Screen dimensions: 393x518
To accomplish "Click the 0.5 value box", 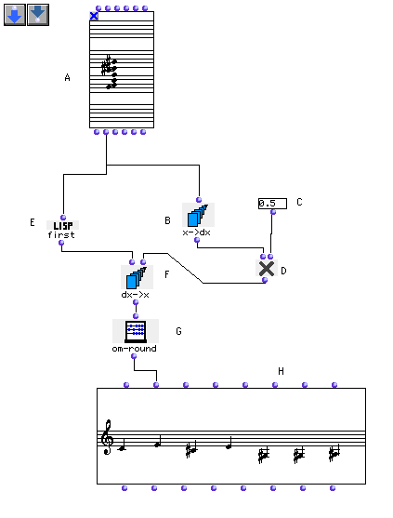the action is (272, 203).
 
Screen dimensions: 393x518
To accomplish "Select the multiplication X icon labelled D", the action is (267, 268).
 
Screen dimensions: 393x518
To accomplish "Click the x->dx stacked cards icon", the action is (198, 215).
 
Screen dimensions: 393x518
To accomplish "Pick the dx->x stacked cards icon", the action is (137, 277).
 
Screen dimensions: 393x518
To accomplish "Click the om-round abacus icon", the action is (136, 331).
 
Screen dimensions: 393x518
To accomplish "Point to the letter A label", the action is (67, 77).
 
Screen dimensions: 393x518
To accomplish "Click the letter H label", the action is (281, 371).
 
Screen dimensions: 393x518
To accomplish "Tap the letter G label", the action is (178, 331).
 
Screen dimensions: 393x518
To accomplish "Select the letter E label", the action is (33, 222).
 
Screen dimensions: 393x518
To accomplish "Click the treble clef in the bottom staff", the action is (107, 437).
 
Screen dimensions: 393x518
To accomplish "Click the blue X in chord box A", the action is (94, 16).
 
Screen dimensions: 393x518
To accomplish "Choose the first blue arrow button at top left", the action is (15, 15).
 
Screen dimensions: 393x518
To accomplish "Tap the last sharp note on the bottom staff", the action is (334, 454).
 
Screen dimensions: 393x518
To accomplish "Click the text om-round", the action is (135, 349).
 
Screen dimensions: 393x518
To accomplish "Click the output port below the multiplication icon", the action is (265, 280).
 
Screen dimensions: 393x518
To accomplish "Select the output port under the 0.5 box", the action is (273, 212).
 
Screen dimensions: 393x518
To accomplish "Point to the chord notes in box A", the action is (110, 72).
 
